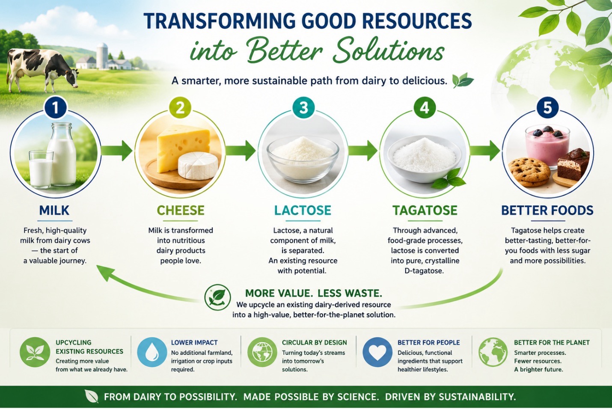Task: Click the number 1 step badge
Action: pos(56,107)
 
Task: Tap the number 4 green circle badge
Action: pos(424,107)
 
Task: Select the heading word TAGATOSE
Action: pos(425,210)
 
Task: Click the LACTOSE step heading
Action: pos(303,210)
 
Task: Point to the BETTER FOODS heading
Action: pos(547,210)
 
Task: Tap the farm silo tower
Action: pos(102,56)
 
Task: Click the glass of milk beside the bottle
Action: pos(41,169)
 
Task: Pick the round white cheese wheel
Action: pos(198,166)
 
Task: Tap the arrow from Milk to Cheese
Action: pos(117,151)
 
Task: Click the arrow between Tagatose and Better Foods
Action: pos(485,151)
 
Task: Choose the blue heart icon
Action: pos(377,352)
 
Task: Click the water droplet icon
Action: pos(152,352)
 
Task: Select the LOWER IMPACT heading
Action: pos(194,342)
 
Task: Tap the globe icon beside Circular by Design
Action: pos(262,352)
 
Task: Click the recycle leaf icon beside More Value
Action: pos(217,297)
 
